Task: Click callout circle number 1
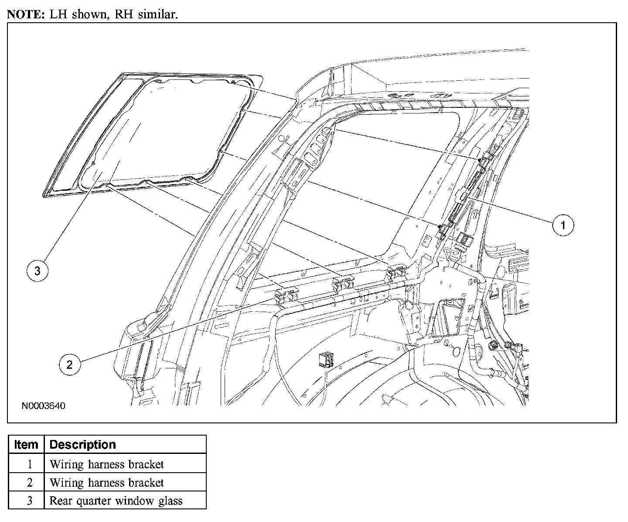pyautogui.click(x=563, y=225)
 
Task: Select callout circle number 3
pyautogui.click(x=38, y=271)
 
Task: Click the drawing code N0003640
pyautogui.click(x=44, y=406)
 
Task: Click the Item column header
pyautogui.click(x=26, y=445)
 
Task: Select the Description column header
pyautogui.click(x=83, y=445)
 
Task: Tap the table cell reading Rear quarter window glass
pyautogui.click(x=116, y=501)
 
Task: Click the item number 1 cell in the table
pyautogui.click(x=30, y=464)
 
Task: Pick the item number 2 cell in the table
pyautogui.click(x=30, y=482)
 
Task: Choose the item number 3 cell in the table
pyautogui.click(x=30, y=501)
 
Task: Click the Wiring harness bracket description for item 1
pyautogui.click(x=107, y=464)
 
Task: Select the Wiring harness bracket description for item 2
pyautogui.click(x=107, y=482)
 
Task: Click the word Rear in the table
pyautogui.click(x=61, y=501)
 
